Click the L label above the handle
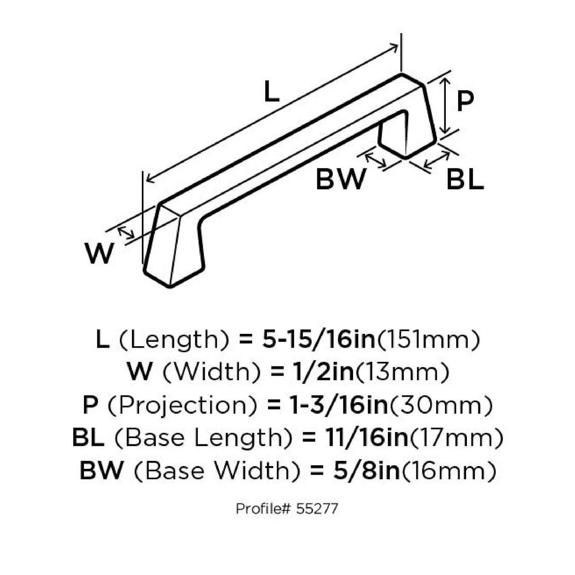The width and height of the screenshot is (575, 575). (x=271, y=93)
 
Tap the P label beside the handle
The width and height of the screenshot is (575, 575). (x=465, y=101)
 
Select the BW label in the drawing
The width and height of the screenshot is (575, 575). (x=340, y=179)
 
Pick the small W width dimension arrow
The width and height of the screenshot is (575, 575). (x=126, y=233)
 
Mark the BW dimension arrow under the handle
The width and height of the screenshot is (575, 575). (x=375, y=160)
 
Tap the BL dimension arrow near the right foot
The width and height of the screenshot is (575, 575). (x=437, y=160)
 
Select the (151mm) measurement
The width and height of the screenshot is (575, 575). (x=429, y=340)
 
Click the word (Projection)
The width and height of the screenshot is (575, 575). (x=182, y=405)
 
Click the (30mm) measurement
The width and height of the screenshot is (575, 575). (x=441, y=405)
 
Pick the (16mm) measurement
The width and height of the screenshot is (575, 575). (x=448, y=471)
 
